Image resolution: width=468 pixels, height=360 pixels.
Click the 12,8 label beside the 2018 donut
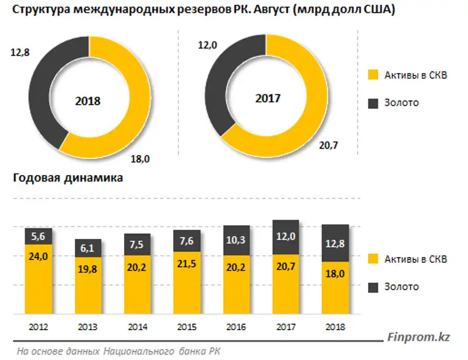(19, 53)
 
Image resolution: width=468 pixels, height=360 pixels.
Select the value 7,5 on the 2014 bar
(137, 245)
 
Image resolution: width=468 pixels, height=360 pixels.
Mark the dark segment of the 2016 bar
(237, 240)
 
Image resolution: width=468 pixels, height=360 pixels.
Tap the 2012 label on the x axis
(38, 327)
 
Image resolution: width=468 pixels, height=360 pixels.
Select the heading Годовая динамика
(68, 179)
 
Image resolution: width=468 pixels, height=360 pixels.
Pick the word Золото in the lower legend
(402, 287)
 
